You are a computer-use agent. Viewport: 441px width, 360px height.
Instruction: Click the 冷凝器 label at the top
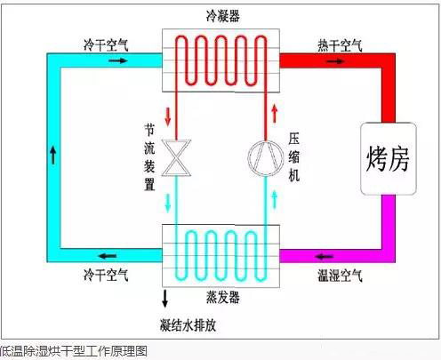pos(223,15)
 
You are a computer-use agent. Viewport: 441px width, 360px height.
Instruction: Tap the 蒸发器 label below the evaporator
pos(223,297)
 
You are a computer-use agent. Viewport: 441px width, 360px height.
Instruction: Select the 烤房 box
pos(389,158)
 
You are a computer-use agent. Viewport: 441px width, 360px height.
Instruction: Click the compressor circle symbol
pos(265,158)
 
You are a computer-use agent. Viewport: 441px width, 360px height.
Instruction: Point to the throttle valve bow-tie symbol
pos(176,158)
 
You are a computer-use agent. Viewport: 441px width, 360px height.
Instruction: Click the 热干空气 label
pos(340,45)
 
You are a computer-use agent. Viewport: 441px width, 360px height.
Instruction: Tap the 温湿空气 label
pos(340,276)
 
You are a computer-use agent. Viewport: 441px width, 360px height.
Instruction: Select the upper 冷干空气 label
pos(106,45)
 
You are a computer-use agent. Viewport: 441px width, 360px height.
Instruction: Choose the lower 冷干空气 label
pos(106,275)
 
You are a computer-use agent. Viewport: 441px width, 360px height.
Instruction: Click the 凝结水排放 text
pos(188,325)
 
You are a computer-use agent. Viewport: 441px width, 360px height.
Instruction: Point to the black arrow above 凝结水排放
pos(165,299)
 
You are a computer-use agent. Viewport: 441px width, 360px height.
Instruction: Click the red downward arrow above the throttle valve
pos(168,116)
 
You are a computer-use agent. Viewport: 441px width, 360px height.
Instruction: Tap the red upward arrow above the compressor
pos(275,114)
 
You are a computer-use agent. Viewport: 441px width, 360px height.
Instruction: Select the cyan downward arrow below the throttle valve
pos(168,204)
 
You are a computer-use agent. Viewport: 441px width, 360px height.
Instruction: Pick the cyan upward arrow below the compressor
pos(275,199)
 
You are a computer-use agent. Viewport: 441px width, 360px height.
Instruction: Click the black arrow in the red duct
pos(335,61)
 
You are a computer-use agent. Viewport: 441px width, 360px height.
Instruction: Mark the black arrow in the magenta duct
pos(325,256)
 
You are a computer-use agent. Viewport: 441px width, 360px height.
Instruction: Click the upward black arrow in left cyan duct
pos(53,155)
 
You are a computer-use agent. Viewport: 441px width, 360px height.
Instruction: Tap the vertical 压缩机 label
pos(294,157)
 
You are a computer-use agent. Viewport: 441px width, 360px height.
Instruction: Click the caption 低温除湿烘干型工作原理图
pos(73,351)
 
